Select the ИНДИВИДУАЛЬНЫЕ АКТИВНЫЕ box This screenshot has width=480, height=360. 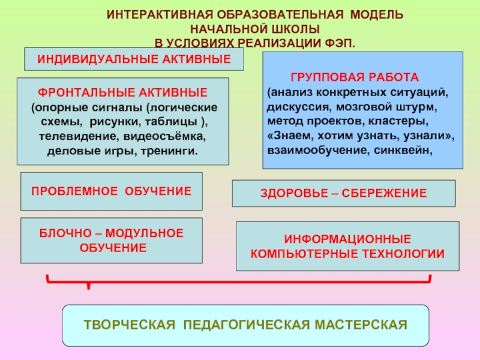point(134,59)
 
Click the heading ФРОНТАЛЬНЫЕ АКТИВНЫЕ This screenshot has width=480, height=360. point(123,93)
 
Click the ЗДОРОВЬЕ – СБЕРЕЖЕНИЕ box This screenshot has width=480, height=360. point(344,193)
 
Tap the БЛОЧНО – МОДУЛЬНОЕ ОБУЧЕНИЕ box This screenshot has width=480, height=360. point(112,240)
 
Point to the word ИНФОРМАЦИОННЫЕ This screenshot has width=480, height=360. point(347,239)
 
